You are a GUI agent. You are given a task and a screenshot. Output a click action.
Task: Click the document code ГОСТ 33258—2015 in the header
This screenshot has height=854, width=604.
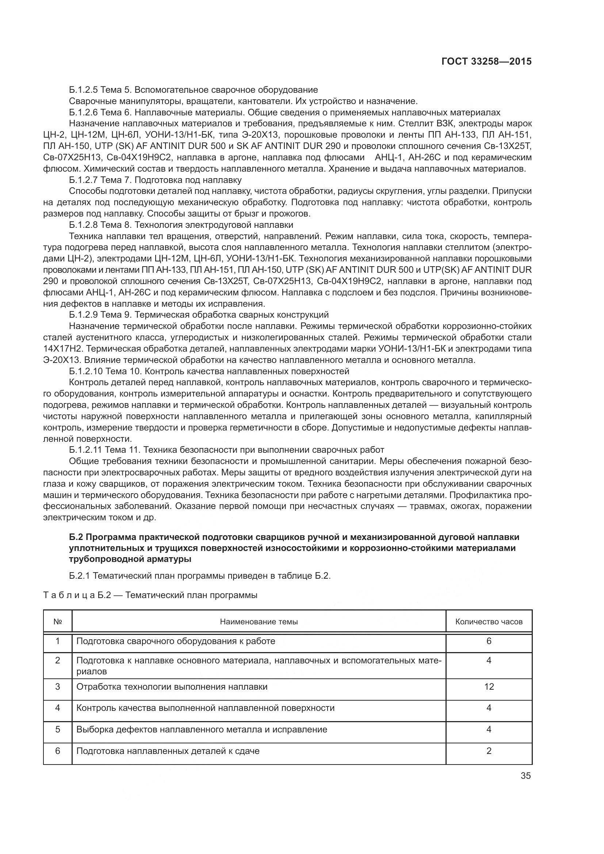486,61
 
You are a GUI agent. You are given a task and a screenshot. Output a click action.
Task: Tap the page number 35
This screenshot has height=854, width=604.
525,776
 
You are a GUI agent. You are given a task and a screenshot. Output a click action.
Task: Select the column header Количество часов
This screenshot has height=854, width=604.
489,621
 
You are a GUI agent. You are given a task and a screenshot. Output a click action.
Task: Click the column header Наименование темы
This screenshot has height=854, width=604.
259,621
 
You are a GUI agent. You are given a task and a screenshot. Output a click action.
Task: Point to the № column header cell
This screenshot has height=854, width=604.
58,621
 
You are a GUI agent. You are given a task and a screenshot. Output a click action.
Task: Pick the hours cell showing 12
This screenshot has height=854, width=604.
489,687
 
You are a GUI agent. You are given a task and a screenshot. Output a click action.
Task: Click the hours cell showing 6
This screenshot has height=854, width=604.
489,641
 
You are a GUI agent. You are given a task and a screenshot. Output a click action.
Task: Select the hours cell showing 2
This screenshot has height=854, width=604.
489,751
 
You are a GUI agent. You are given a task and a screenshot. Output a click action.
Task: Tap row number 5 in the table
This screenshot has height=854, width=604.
58,729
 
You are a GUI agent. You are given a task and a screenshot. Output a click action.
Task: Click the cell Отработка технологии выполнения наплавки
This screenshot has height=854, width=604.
172,687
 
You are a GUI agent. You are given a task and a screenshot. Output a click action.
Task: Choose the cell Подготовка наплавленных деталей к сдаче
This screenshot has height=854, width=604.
168,751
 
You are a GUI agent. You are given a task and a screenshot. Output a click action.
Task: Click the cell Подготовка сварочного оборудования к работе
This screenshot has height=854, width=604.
176,641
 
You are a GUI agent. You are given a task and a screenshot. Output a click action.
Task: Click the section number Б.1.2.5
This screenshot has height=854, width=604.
83,90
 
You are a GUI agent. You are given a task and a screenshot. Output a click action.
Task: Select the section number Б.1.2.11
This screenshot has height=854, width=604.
85,450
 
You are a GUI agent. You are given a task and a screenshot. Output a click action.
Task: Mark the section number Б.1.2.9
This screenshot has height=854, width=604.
83,315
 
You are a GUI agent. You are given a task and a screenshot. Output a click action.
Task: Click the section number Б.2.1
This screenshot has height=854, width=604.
79,576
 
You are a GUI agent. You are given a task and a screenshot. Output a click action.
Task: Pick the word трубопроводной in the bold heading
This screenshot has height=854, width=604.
98,559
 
